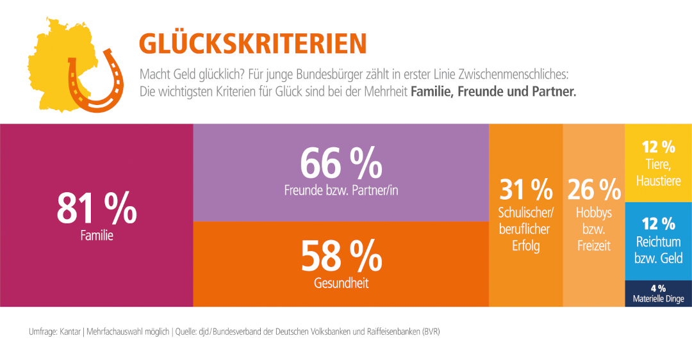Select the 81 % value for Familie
pyautogui.click(x=97, y=207)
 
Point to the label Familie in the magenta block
pyautogui.click(x=97, y=236)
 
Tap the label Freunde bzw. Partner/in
pyautogui.click(x=341, y=190)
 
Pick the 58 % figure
pyautogui.click(x=341, y=255)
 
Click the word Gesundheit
pyautogui.click(x=341, y=283)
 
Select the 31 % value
pyautogui.click(x=526, y=190)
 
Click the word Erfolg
pyautogui.click(x=526, y=245)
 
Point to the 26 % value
pyautogui.click(x=594, y=190)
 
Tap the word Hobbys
pyautogui.click(x=594, y=213)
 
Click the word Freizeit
pyautogui.click(x=594, y=245)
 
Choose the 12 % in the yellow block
pyautogui.click(x=658, y=147)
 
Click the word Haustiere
pyautogui.click(x=658, y=181)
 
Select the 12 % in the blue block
pyautogui.click(x=658, y=223)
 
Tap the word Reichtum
pyautogui.click(x=658, y=243)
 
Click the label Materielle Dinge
pyautogui.click(x=658, y=299)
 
